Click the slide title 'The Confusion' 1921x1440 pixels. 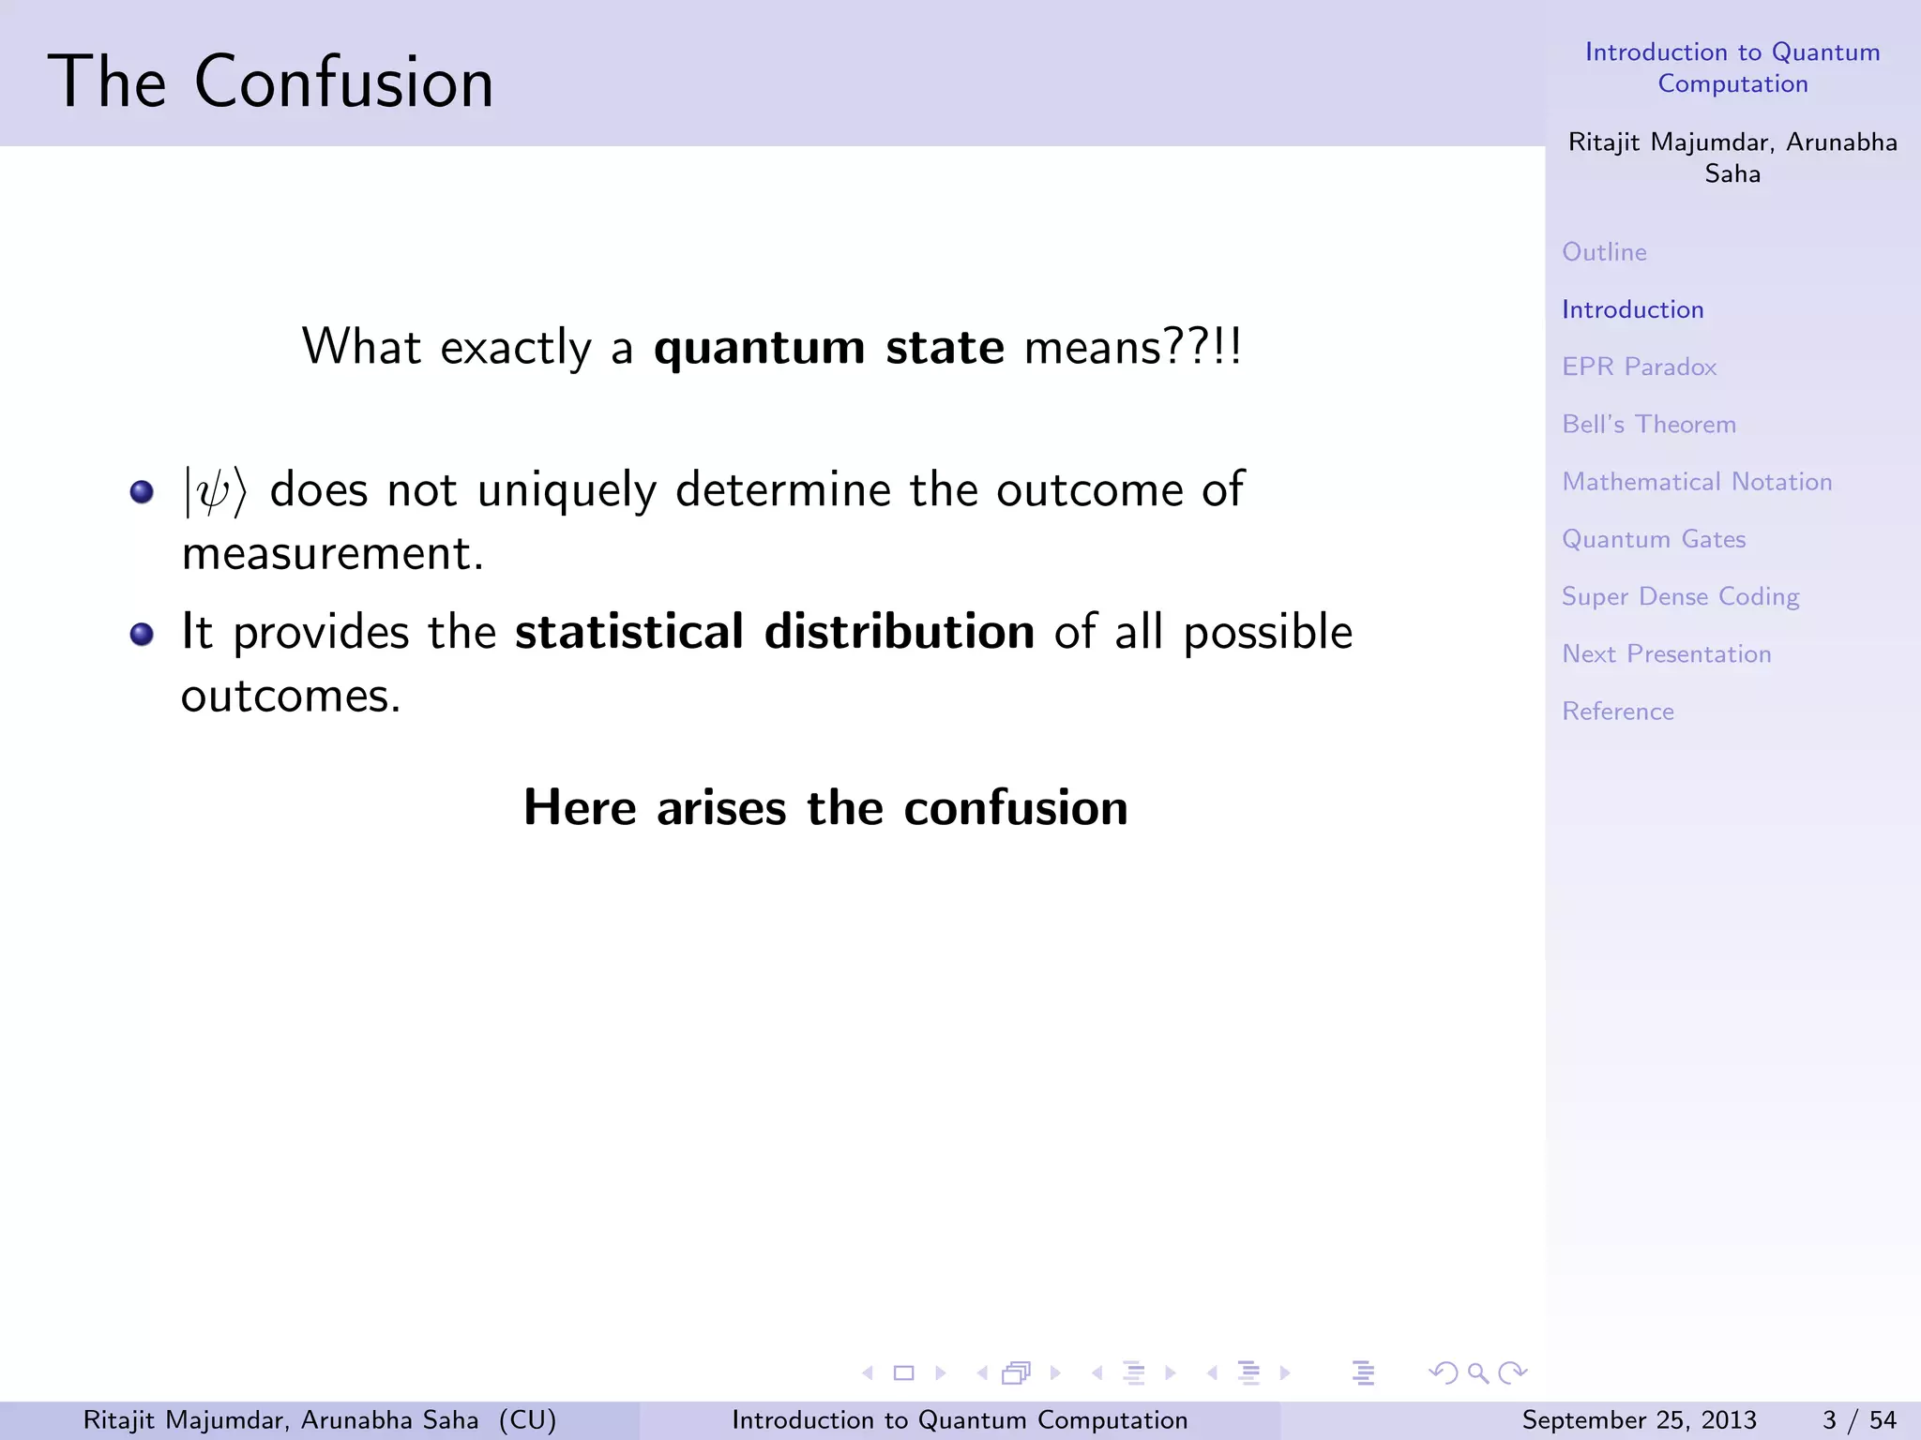point(270,82)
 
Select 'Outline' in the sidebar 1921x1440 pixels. point(1604,252)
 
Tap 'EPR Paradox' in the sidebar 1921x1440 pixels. point(1639,367)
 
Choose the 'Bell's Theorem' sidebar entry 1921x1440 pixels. point(1649,425)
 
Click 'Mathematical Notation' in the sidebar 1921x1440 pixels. point(1697,482)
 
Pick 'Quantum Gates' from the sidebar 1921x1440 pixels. point(1654,539)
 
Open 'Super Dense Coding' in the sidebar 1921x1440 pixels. point(1680,597)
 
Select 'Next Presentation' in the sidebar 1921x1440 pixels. point(1666,654)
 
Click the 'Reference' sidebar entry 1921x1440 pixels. point(1617,712)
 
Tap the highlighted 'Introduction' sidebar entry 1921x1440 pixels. point(1632,309)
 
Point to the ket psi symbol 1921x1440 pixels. point(215,491)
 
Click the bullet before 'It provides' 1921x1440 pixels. point(142,635)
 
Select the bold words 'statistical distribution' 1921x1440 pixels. point(774,632)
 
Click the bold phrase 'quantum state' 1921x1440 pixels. point(828,348)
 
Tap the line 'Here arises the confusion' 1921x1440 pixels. point(825,807)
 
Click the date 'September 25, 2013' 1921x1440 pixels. point(1639,1420)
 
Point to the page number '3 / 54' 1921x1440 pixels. point(1858,1420)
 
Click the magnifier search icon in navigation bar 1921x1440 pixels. point(1478,1373)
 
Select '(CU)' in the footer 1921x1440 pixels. point(527,1420)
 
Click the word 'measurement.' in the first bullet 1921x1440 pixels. point(332,553)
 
